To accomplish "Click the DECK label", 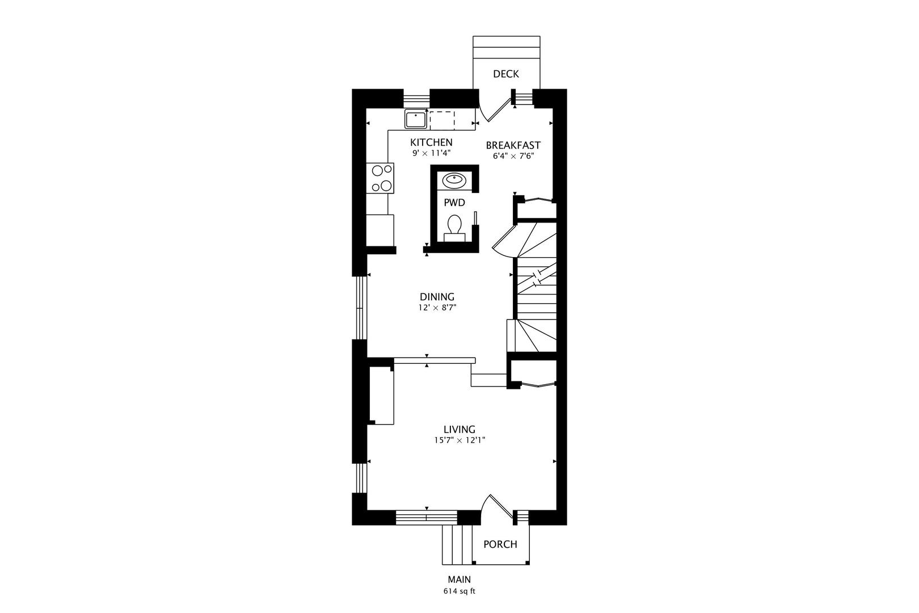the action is coord(506,74).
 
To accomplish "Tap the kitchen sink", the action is coord(416,120).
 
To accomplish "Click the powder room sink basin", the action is coord(454,180).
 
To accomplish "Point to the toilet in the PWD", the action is coord(454,228).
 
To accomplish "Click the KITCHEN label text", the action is coord(431,142).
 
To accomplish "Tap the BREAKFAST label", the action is coord(513,145).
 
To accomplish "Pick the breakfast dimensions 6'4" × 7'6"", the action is coord(513,156).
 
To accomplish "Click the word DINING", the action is coord(437,297).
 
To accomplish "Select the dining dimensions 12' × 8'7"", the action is coord(437,308).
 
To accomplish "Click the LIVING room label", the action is coord(459,430).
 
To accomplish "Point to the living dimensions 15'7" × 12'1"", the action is coord(460,440).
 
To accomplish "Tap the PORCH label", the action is coord(500,544).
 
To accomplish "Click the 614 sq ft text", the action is coord(459,591).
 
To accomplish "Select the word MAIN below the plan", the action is coord(459,580).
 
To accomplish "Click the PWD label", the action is coord(454,203).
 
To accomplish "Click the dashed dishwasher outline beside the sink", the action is coord(442,120).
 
